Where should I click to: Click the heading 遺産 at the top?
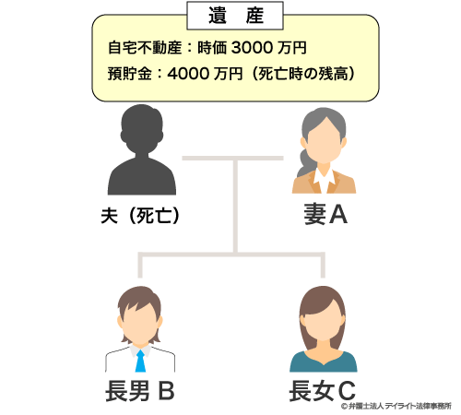[236, 16]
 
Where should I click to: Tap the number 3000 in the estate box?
[252, 48]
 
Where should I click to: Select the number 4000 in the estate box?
[188, 74]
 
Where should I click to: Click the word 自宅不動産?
[145, 48]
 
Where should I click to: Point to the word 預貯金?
[130, 74]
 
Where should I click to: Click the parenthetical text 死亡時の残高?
[302, 74]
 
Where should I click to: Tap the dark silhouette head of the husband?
[142, 128]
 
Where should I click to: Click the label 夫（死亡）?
[140, 216]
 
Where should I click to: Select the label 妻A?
[325, 215]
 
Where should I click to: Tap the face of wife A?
[325, 141]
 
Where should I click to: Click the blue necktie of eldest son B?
[140, 361]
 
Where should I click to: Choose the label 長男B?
[140, 391]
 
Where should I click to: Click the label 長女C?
[322, 391]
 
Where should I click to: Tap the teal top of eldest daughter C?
[324, 363]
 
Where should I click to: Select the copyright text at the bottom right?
[396, 406]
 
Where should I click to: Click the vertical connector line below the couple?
[235, 206]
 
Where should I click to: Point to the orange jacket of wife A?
[324, 182]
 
